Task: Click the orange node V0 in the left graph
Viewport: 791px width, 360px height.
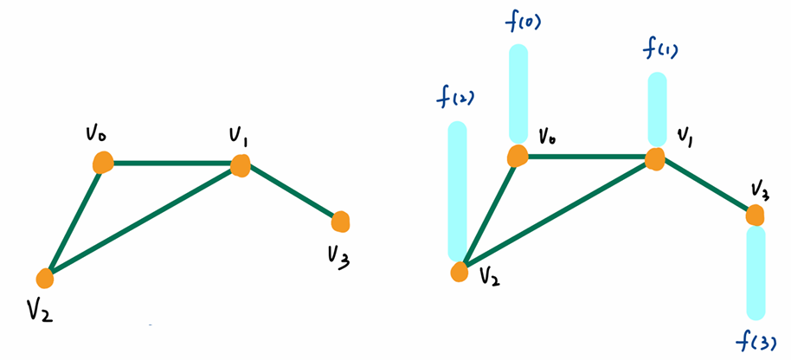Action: tap(103, 162)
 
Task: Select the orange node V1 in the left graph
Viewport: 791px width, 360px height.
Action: tap(240, 164)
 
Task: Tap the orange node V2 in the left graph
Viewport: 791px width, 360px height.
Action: tap(46, 278)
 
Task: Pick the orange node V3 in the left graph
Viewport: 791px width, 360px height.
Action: tap(340, 222)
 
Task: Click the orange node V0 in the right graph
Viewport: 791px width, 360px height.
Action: tap(517, 156)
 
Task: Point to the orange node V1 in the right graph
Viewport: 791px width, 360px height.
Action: tap(655, 159)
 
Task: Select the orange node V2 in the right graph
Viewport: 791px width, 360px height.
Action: tap(460, 272)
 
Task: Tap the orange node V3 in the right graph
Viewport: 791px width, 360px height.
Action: tap(756, 215)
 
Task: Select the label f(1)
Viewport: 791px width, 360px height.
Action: tap(659, 48)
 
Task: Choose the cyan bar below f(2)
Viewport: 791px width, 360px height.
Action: tap(458, 190)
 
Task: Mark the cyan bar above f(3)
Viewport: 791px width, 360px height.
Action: tap(756, 272)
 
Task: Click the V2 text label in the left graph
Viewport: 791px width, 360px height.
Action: tap(39, 309)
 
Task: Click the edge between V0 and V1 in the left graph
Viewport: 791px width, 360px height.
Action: tap(171, 163)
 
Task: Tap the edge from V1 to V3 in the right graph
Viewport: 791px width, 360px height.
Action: tap(706, 185)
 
